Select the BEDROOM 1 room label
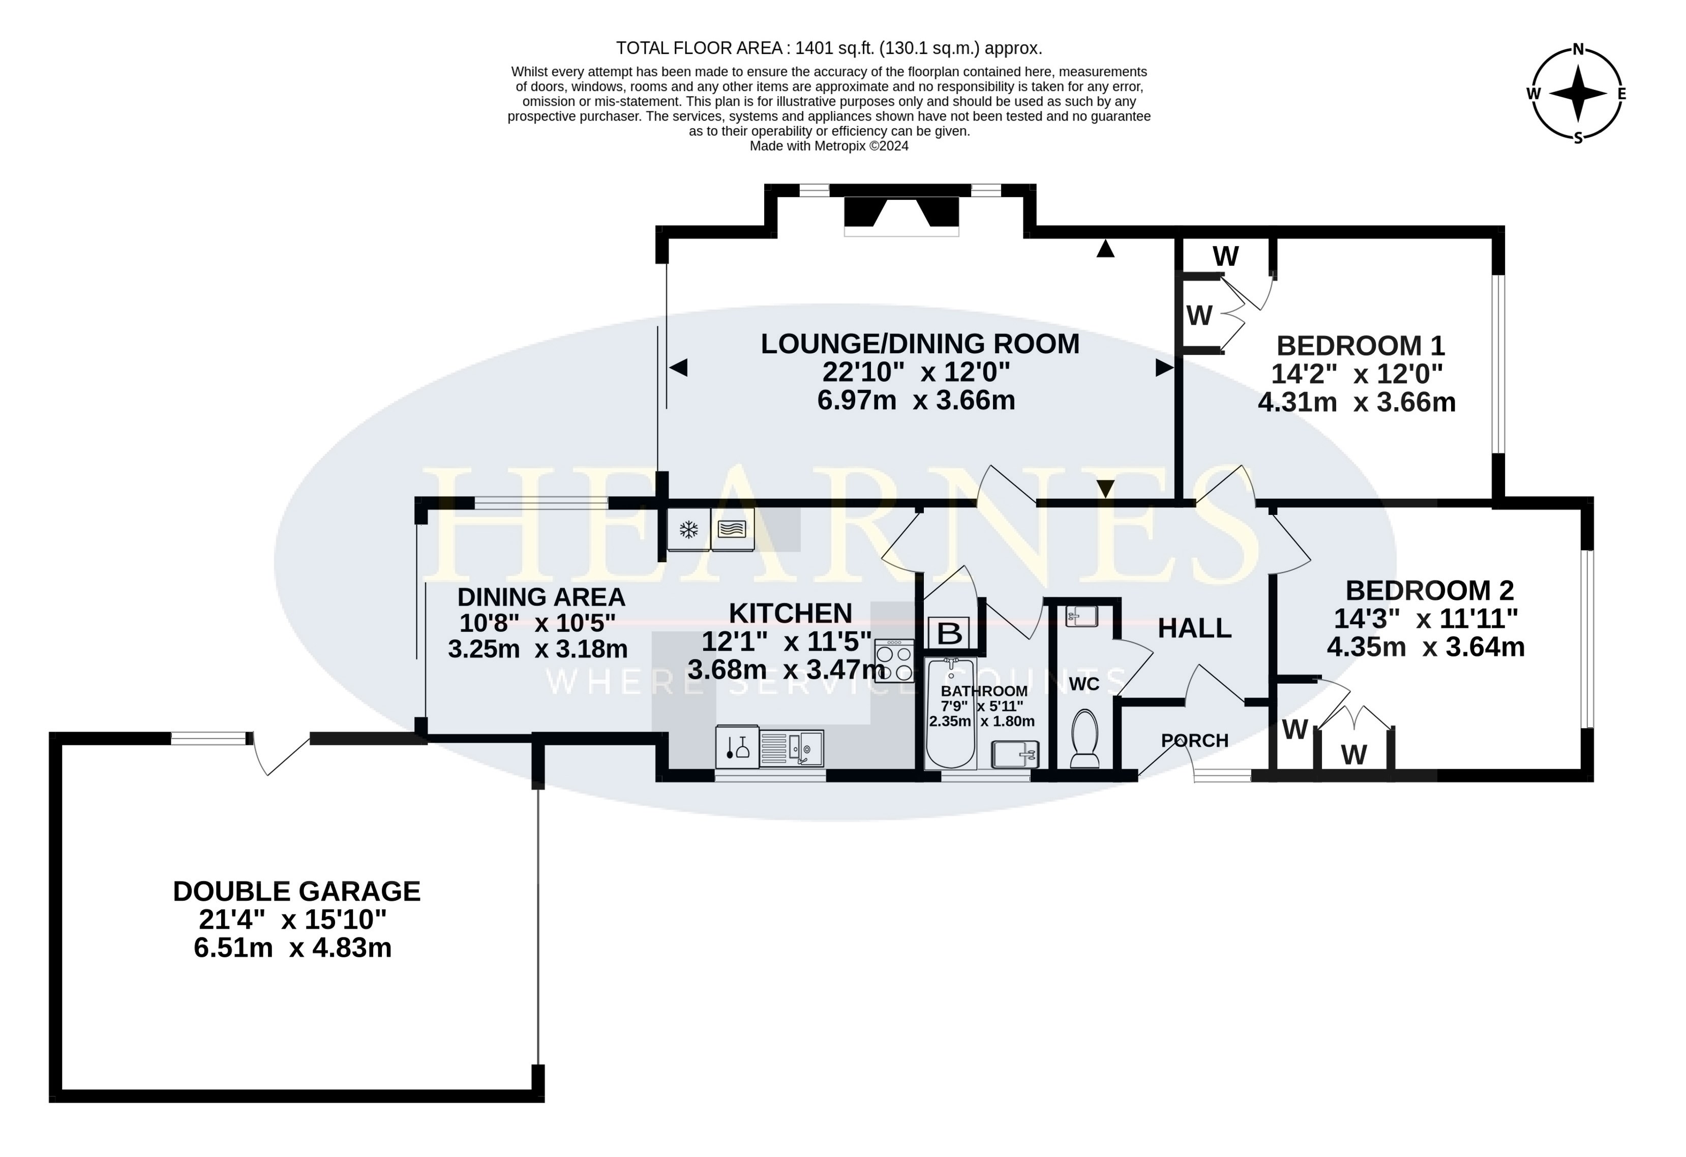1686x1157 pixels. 1360,345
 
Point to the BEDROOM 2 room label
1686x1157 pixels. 1430,591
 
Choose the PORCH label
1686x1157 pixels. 1195,741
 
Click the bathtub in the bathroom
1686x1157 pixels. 951,713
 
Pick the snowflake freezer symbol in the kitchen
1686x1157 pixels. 688,530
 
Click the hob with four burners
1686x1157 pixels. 894,661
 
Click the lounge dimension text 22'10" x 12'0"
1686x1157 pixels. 916,372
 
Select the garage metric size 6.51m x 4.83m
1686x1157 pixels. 292,948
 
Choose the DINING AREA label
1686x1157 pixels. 541,597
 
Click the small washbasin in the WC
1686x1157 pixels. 1081,617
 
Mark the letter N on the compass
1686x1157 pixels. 1578,50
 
